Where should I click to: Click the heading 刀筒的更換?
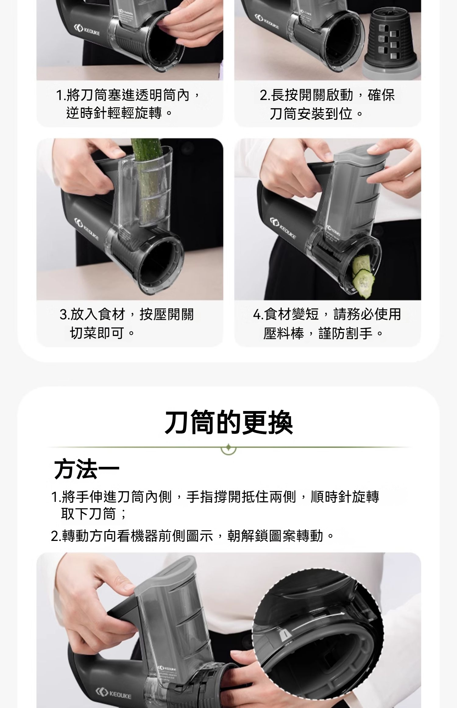coord(228,423)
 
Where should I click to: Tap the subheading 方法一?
coord(87,469)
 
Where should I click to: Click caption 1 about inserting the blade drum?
coord(128,104)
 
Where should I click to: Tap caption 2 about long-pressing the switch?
coord(327,104)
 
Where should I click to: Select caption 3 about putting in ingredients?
coord(127,324)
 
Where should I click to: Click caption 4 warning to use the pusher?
coord(327,324)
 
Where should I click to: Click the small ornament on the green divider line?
coord(228,448)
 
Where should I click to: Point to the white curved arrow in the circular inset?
coord(317,622)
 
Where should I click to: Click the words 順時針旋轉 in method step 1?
coord(345,497)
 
